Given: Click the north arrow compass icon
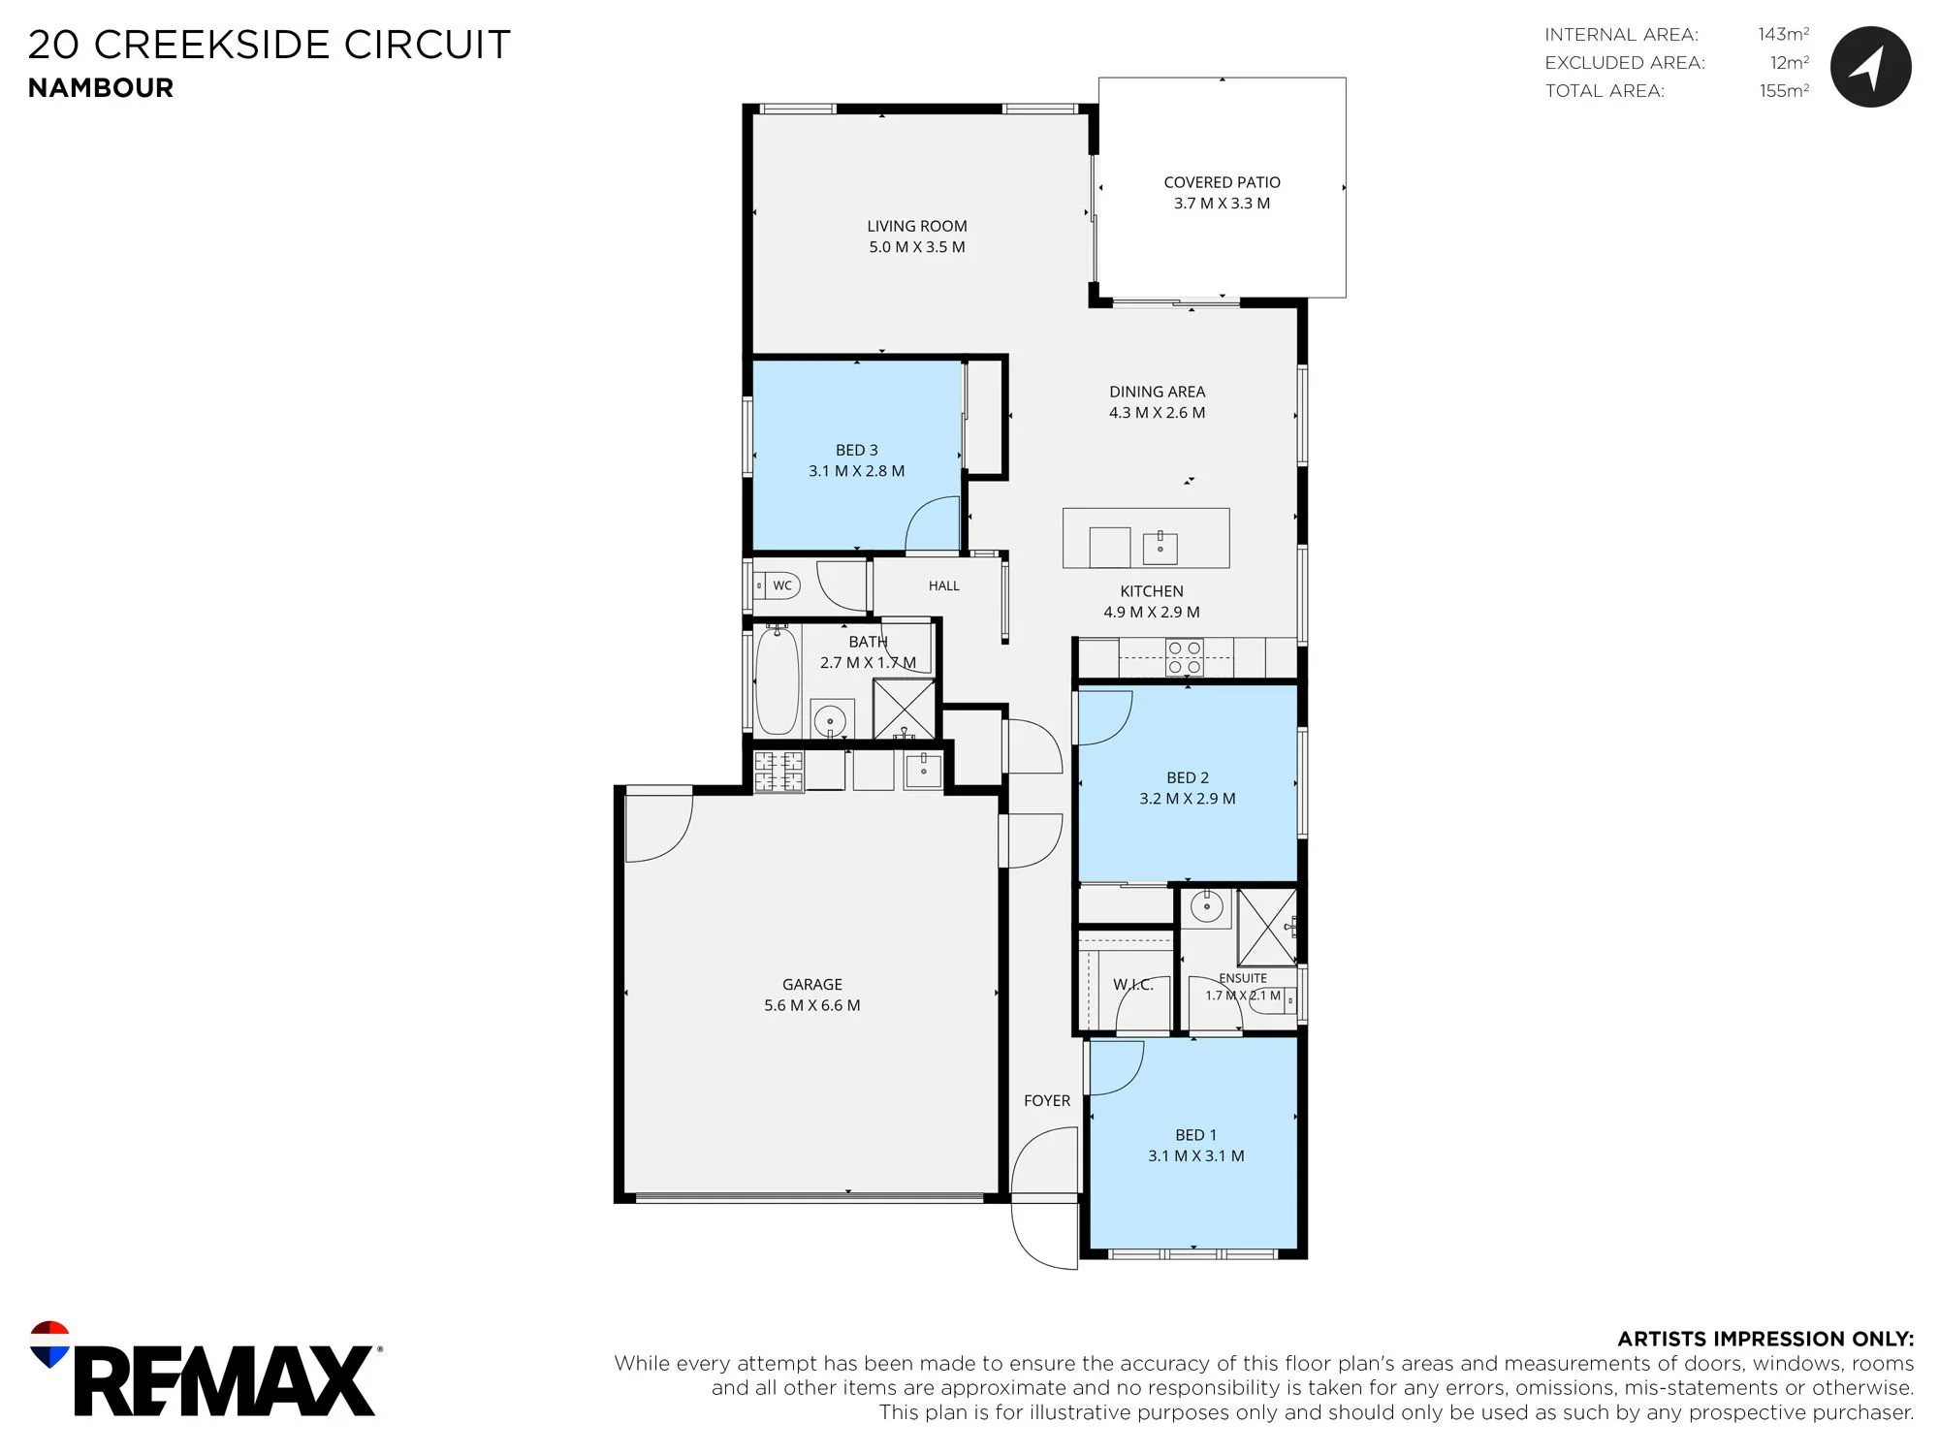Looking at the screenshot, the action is point(1870,66).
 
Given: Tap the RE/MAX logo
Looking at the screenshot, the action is point(206,1369).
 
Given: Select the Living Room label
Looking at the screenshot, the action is point(917,226).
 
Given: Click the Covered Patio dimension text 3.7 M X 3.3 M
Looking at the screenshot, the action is point(1222,204).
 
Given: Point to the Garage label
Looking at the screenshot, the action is point(812,984).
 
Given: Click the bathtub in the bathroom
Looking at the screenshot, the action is point(777,679).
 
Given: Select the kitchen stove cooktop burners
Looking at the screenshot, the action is point(1184,657).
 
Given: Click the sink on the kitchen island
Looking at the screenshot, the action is point(1160,547).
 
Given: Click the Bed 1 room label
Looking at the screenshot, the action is point(1195,1135).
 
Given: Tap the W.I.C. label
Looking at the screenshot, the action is point(1133,985).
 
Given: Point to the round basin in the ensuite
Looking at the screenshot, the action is point(1206,908).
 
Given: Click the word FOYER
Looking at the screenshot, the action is point(1047,1101).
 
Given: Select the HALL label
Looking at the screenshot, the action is point(944,585).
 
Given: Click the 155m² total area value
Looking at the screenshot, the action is point(1784,90).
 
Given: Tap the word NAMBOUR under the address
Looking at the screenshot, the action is point(101,88).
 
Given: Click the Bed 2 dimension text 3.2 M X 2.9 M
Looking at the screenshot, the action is point(1188,799).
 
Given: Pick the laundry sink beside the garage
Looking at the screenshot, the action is point(923,770).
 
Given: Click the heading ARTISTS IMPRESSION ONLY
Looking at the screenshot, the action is point(1765,1339).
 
